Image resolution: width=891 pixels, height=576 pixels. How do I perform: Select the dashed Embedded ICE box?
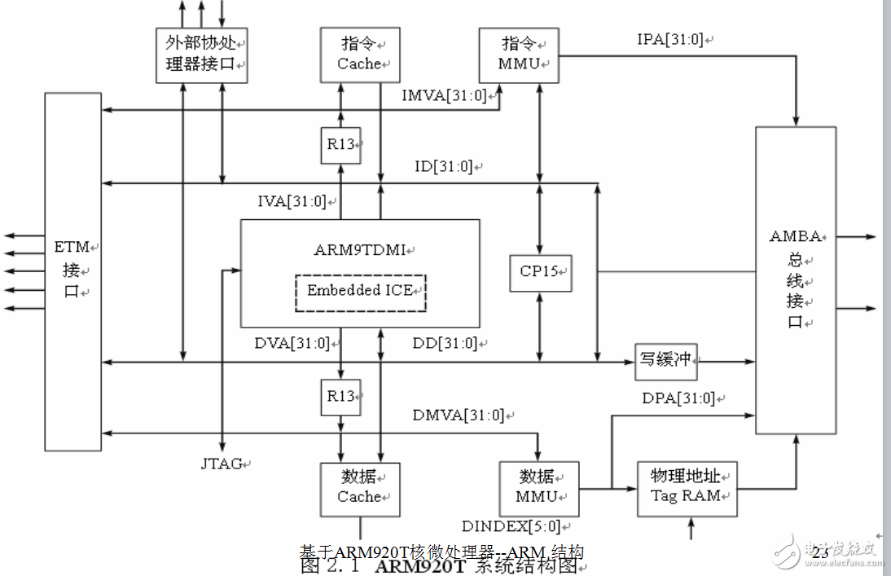click(360, 292)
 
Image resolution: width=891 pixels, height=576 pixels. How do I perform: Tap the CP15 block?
click(539, 272)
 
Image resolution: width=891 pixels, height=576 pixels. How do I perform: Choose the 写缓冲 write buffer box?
click(666, 361)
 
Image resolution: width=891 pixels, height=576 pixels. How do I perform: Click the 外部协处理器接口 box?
click(201, 54)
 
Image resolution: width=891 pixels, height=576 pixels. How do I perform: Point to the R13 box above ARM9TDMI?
click(340, 145)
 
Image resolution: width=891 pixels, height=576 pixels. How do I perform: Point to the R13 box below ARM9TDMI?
click(340, 397)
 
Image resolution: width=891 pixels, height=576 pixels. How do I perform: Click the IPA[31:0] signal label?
click(670, 39)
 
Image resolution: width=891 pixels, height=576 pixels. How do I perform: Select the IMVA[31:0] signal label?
click(444, 96)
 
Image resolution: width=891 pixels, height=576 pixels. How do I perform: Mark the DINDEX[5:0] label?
click(510, 526)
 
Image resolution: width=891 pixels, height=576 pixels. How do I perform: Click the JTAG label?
click(222, 464)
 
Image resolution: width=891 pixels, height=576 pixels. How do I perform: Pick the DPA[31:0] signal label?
click(678, 398)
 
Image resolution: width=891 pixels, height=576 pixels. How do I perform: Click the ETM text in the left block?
click(72, 246)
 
